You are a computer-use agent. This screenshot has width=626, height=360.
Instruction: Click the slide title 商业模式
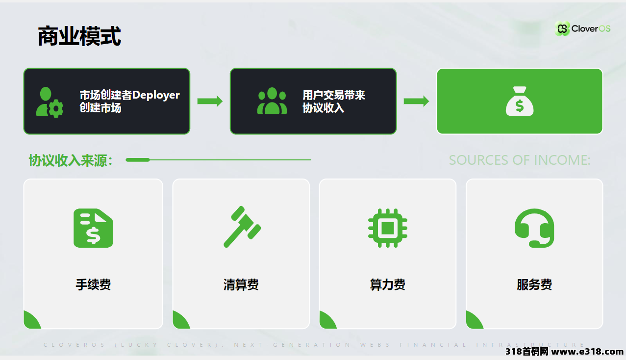click(x=79, y=36)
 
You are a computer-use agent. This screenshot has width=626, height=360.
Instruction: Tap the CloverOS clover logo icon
click(x=562, y=28)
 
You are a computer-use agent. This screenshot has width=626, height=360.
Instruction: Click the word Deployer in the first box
click(x=156, y=95)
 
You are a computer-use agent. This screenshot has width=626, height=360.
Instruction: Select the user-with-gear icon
click(x=50, y=102)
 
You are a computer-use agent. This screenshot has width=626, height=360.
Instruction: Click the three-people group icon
click(x=272, y=101)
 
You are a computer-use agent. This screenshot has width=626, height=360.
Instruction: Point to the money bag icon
click(x=520, y=101)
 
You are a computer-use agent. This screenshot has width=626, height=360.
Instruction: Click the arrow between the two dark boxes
click(x=210, y=101)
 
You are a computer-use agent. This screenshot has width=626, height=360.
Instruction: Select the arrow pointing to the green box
click(x=416, y=101)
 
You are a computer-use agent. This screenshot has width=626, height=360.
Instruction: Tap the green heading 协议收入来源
click(x=71, y=160)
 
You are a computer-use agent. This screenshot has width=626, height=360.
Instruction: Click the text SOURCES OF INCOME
click(x=520, y=160)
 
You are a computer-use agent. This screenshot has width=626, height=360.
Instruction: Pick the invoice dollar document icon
click(x=93, y=228)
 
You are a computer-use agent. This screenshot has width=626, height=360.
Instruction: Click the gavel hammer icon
click(x=242, y=227)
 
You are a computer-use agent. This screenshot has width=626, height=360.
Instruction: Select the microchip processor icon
click(x=388, y=228)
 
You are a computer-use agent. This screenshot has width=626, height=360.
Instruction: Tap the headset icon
click(x=534, y=228)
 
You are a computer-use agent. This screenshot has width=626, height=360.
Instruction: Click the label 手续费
click(x=93, y=285)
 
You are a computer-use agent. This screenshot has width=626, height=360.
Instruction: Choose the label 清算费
click(x=241, y=285)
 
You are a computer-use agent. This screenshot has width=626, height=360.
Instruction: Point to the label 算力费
click(x=388, y=285)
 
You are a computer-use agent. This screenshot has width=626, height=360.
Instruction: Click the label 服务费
click(x=534, y=285)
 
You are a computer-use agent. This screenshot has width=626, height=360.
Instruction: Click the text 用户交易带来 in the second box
click(x=334, y=95)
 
